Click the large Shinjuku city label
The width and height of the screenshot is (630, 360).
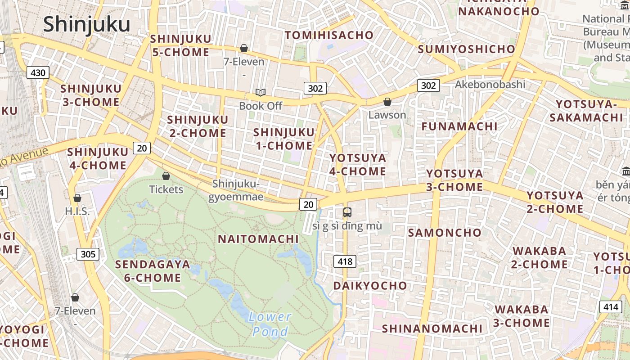point(86,24)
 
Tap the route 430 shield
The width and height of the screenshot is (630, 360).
point(38,72)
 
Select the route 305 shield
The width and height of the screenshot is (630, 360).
point(88,254)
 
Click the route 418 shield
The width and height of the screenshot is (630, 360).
point(345,261)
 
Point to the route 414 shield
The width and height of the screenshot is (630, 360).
point(610,307)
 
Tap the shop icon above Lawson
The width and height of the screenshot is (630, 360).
point(387,102)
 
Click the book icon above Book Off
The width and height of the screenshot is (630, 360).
point(261,92)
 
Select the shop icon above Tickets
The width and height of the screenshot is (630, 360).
point(166,176)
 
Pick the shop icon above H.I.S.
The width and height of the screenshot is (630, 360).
point(77,198)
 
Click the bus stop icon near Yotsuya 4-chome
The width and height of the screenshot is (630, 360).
point(347,212)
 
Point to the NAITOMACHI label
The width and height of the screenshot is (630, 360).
point(258,239)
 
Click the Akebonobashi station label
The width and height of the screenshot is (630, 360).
point(490,84)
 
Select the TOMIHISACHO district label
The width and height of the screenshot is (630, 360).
point(329,35)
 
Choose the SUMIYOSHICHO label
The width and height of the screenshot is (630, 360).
point(466,49)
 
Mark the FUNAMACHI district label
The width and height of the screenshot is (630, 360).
point(459,126)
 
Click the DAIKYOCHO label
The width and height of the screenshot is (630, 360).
point(370,286)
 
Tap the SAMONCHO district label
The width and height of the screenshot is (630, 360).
point(445,233)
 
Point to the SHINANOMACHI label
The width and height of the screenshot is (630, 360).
point(432,328)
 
